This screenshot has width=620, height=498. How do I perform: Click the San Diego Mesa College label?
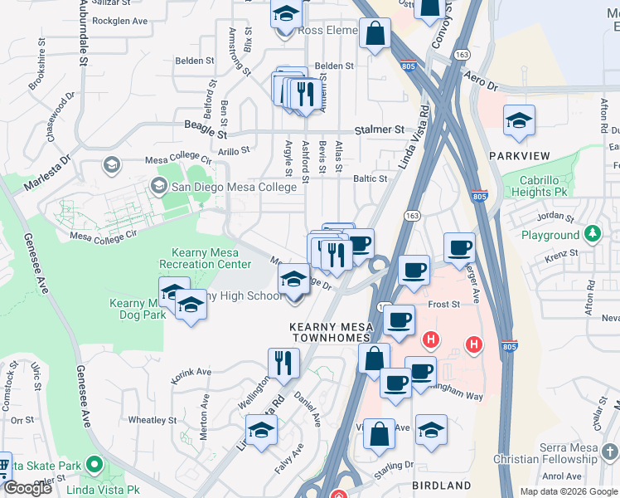[x=233, y=187]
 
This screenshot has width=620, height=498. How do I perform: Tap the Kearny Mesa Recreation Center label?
[x=211, y=258]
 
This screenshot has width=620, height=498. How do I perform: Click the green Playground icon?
[x=593, y=234]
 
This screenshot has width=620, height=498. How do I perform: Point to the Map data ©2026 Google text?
[x=568, y=491]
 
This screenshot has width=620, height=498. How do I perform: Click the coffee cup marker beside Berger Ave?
[x=459, y=247]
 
